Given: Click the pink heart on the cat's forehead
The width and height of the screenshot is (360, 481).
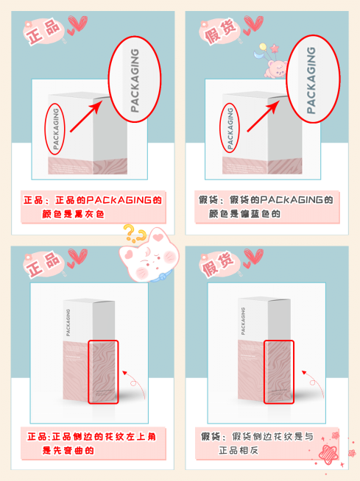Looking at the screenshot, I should pyautogui.click(x=158, y=237).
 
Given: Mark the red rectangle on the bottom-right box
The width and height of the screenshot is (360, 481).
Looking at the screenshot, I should pyautogui.click(x=278, y=371).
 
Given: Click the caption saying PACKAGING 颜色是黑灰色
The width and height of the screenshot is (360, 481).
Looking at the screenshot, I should pyautogui.click(x=93, y=207).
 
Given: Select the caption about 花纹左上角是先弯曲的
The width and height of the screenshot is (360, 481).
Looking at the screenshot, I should pyautogui.click(x=93, y=443).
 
